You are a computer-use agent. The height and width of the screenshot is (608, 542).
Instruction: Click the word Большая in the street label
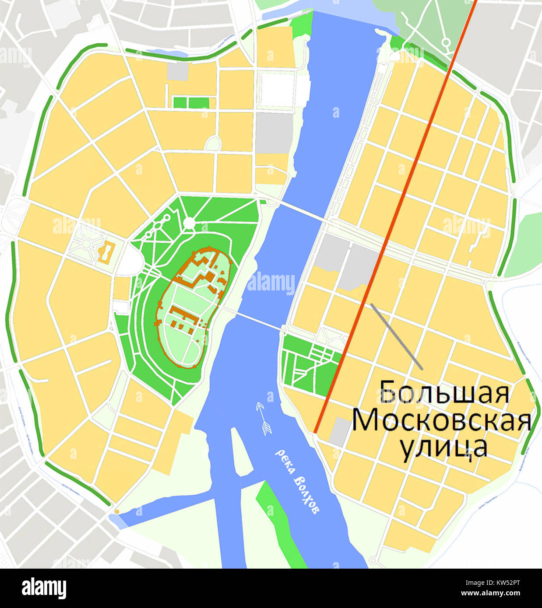coord(444,392)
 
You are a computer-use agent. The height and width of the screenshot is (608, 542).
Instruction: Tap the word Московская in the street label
coord(441,420)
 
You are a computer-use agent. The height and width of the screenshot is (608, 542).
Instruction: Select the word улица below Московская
coord(443,447)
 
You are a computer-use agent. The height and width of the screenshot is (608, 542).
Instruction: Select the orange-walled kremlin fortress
coord(193,306)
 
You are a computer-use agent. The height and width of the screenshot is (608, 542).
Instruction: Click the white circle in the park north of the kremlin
coord(189,223)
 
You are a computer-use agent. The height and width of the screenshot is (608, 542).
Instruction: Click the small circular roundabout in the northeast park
coord(446,42)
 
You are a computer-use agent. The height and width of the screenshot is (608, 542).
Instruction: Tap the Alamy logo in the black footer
coord(44,588)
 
